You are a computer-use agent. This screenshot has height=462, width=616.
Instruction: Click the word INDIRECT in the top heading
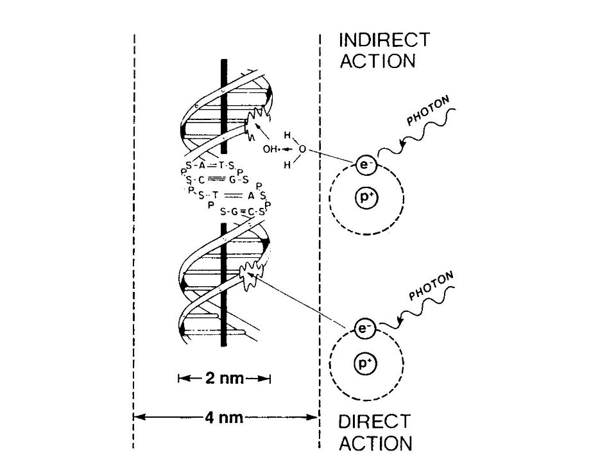coord(384,40)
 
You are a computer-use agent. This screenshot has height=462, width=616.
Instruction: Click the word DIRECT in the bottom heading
coord(374,422)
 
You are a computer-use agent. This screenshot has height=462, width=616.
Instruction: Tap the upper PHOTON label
coord(428,111)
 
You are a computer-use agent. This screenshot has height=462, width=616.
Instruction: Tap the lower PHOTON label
coord(431,286)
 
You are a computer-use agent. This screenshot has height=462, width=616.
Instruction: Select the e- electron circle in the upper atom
coord(366,164)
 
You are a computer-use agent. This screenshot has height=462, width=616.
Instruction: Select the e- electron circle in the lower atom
coord(365,328)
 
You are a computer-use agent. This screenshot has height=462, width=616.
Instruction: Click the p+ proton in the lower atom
coord(366,363)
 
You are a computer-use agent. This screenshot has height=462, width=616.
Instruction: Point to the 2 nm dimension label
coord(225,379)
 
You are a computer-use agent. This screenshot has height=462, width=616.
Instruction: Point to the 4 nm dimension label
coord(224,417)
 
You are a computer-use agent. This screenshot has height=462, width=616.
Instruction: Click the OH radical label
coord(270,150)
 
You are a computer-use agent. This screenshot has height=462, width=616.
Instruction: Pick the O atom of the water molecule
coord(302,150)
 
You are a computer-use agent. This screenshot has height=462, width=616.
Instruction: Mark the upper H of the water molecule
coord(287,135)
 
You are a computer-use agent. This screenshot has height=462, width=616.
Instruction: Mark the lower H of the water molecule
coord(287,165)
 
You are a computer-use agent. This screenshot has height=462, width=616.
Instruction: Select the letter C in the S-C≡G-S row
coord(201,180)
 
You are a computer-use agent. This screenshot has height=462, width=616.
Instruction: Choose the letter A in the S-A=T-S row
coord(202,166)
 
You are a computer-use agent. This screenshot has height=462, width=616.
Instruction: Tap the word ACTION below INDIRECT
coord(377,62)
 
